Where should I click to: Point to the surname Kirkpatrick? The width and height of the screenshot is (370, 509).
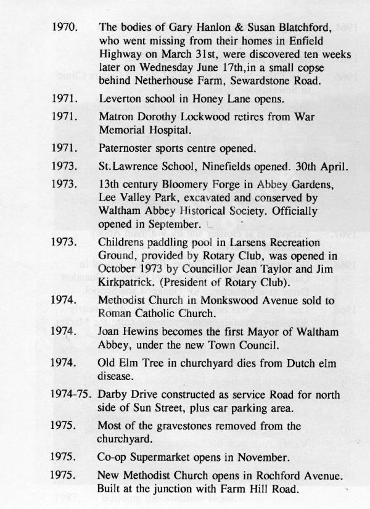[x=126, y=277]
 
